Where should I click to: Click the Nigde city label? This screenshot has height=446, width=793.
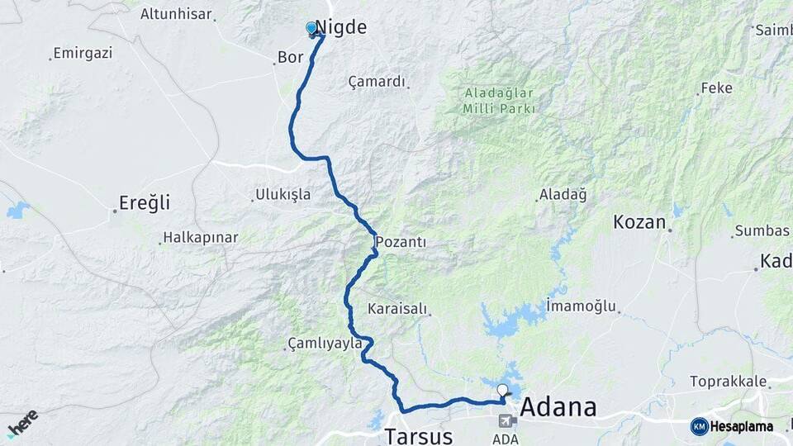tap(343, 27)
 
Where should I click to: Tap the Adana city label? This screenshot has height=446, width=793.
tap(558, 407)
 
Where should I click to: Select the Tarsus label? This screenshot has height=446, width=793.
tap(419, 435)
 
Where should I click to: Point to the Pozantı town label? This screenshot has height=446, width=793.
tap(401, 242)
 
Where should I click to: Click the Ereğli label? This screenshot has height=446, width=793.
tap(145, 202)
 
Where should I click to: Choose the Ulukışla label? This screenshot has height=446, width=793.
tap(283, 195)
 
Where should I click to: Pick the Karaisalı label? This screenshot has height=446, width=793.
tap(398, 309)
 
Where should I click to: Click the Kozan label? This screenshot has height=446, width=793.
tap(639, 222)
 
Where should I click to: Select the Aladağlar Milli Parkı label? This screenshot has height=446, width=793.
tap(499, 101)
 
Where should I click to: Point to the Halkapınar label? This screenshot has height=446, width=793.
tap(200, 238)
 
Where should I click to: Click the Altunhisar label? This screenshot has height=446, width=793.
tap(176, 14)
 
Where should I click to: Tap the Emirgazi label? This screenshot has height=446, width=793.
tap(83, 53)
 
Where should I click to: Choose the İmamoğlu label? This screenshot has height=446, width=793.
tap(582, 306)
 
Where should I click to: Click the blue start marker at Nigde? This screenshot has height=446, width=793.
tap(311, 29)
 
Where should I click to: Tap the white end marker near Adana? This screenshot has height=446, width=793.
tap(502, 389)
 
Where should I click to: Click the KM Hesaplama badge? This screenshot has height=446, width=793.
tap(732, 426)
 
